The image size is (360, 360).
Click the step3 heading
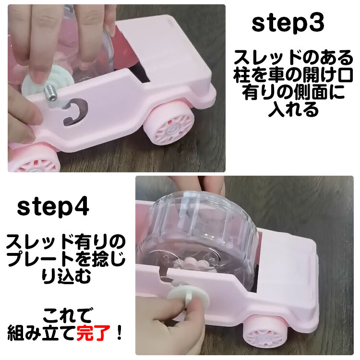(288, 24)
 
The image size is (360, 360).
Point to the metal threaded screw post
(50, 93)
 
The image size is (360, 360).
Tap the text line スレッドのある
(293, 58)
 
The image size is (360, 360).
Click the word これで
(67, 316)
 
